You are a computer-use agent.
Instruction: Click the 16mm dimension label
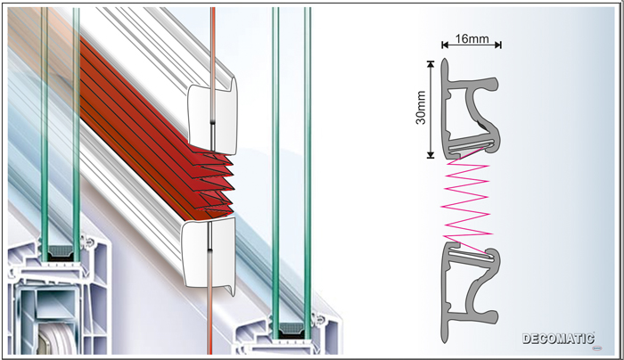point(472,39)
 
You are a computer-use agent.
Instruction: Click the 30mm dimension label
point(421,108)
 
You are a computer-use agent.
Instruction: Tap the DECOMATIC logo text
point(558,339)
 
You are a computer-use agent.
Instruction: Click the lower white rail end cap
point(209,254)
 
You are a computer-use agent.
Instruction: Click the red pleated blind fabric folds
point(155,131)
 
